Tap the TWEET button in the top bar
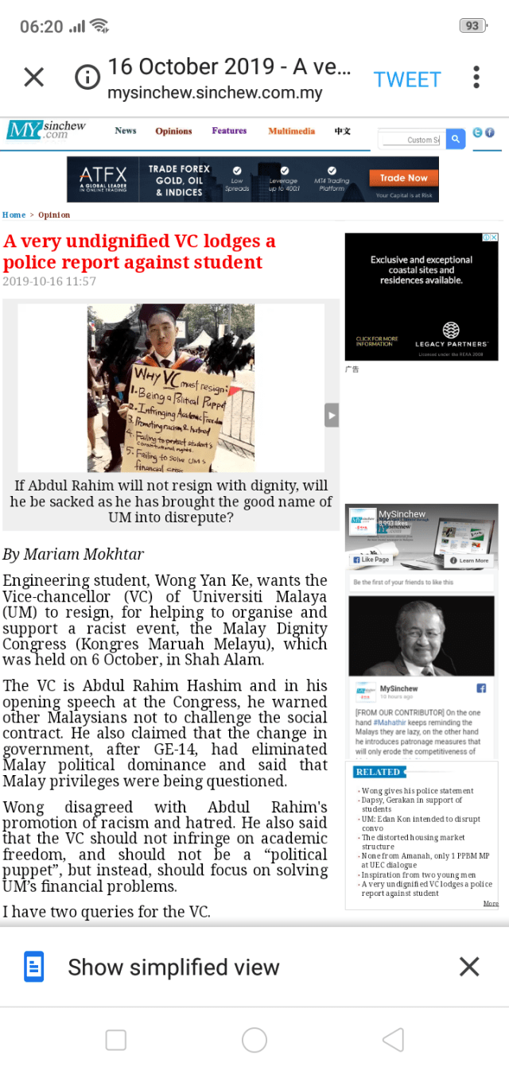pos(407,79)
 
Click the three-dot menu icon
pos(476,77)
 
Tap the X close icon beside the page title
pos(33,77)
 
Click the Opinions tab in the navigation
pos(173,131)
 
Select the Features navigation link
pos(229,131)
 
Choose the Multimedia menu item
pos(291,131)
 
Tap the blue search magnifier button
pos(455,139)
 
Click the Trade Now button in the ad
pos(403,178)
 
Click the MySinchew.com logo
pos(46,130)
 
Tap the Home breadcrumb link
pos(14,215)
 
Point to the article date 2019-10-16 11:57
pos(49,281)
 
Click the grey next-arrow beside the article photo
pos(332,414)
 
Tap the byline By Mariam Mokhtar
pos(73,554)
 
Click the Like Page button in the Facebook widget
pos(371,560)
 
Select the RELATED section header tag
pos(379,772)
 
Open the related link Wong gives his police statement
pos(418,791)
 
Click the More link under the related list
pos(491,904)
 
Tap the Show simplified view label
pos(173,967)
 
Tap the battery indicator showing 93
pos(472,25)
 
